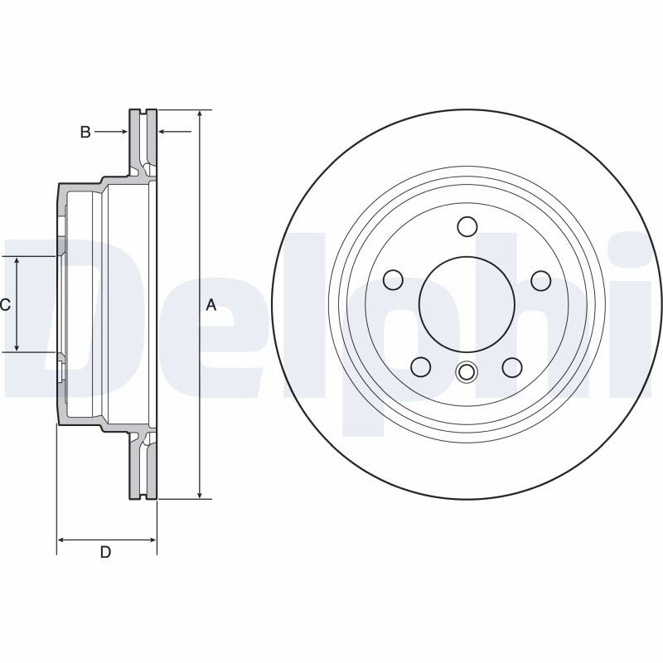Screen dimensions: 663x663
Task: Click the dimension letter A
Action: point(211,304)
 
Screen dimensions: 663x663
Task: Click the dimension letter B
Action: point(85,132)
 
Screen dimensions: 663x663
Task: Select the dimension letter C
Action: point(5,304)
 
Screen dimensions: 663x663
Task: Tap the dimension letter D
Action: point(105,552)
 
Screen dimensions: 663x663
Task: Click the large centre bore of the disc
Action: point(467,304)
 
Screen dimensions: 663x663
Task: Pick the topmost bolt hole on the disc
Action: point(467,226)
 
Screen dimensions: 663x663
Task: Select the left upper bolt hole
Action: point(393,280)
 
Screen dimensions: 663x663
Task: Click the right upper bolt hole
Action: point(541,281)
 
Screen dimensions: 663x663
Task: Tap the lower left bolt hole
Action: point(421,367)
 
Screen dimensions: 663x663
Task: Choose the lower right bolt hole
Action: point(512,367)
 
